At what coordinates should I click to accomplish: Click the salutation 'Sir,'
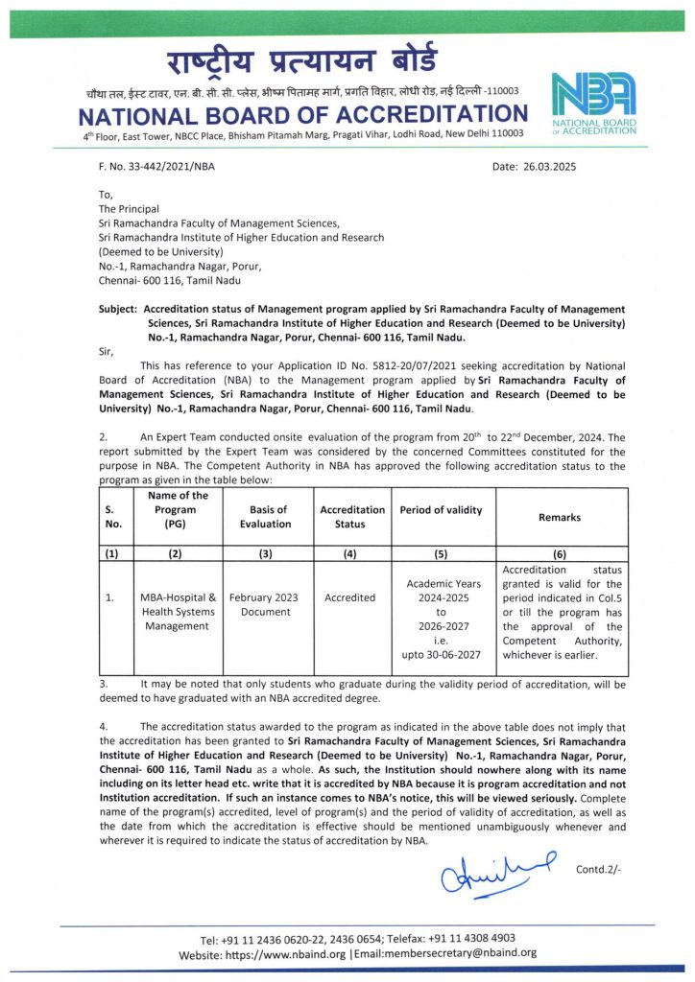point(108,352)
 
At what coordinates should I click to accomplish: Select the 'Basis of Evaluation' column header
point(266,516)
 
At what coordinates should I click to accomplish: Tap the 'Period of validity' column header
point(441,509)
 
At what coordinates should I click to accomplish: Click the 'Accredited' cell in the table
point(349,597)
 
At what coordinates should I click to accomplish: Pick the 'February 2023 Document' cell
point(266,604)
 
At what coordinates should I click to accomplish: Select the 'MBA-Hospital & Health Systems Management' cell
point(178,611)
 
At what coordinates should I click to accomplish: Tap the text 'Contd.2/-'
point(598,870)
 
